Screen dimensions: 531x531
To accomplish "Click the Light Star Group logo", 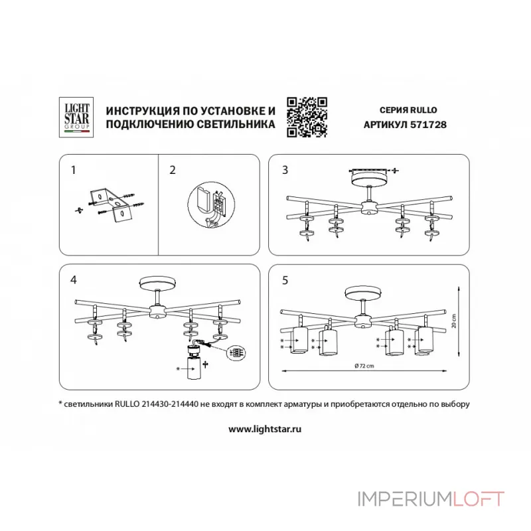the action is click(x=76, y=117).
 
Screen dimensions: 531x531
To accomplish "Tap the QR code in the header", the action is click(x=307, y=117).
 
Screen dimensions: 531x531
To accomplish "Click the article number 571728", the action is click(x=428, y=125).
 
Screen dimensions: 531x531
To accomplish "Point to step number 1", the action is click(x=74, y=170).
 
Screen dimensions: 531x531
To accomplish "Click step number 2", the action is click(x=173, y=170).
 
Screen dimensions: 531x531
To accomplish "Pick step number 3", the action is click(x=285, y=170).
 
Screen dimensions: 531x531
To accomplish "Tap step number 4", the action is click(x=74, y=280).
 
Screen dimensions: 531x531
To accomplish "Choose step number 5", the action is click(x=285, y=280).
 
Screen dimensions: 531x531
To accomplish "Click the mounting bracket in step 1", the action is click(x=109, y=204).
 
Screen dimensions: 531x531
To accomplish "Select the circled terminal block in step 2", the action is click(x=211, y=206).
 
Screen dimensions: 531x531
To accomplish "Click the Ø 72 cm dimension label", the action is click(x=364, y=366).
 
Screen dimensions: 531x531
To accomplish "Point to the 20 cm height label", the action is click(x=454, y=321).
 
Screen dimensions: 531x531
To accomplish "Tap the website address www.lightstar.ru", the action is click(x=265, y=429).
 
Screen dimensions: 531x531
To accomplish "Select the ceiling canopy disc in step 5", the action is click(x=363, y=294).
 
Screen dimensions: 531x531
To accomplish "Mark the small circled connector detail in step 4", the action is click(x=236, y=352).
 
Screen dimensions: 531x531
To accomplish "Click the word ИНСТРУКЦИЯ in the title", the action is click(x=142, y=111).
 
